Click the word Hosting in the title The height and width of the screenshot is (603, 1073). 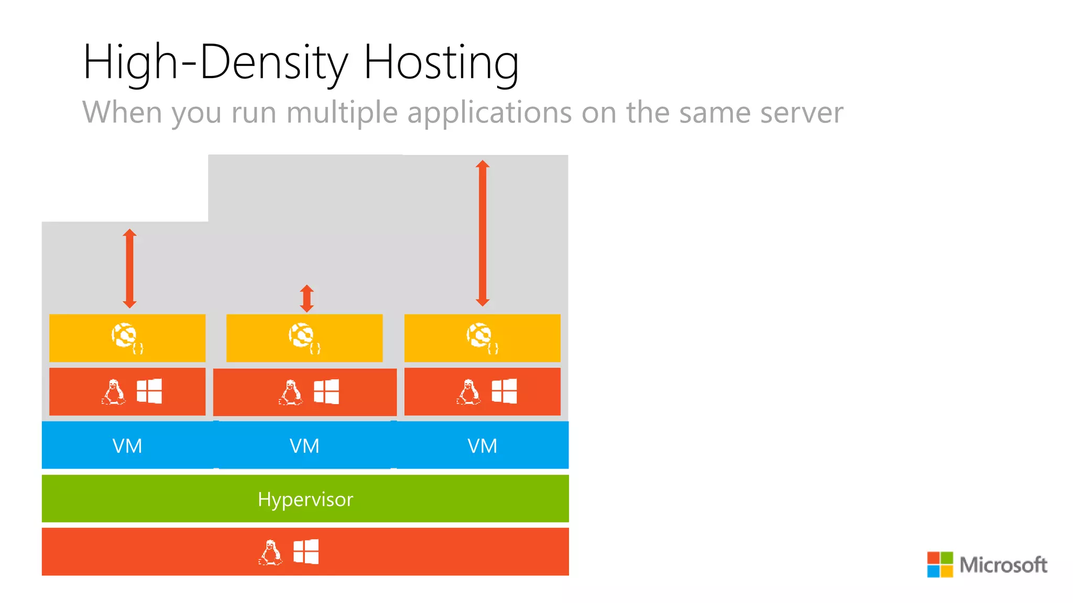441,63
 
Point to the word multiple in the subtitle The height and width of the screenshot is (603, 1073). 342,113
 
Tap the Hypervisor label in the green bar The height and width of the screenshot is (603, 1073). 305,499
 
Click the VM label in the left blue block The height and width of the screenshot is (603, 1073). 127,446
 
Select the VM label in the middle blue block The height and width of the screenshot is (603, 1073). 304,446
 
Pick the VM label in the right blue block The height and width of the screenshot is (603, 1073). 482,446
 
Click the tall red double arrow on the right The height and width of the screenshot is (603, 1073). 483,233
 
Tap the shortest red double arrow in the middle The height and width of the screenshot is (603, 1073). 307,298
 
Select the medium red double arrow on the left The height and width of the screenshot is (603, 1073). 130,269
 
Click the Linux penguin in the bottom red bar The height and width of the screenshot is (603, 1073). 270,552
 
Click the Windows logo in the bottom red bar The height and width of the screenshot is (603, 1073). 306,552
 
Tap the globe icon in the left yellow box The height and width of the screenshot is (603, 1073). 125,336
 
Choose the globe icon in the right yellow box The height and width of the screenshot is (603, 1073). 480,336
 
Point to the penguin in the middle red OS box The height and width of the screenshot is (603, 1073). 291,392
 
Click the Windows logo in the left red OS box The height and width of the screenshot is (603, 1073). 149,391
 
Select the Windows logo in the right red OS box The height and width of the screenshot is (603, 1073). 505,391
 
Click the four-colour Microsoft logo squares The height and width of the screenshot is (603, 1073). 940,564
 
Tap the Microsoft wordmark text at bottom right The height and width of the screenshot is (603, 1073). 1003,565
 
